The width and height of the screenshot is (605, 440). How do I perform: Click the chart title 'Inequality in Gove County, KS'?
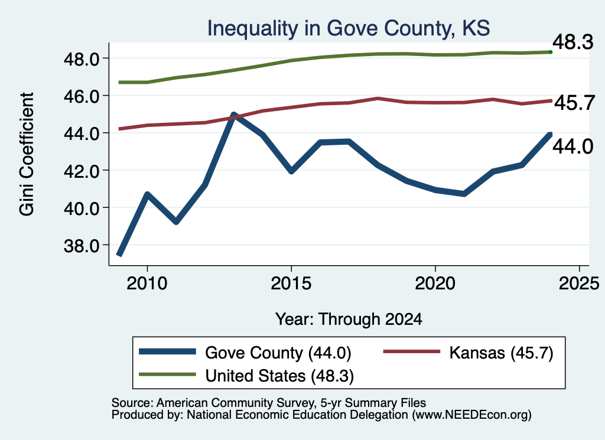coord(349,29)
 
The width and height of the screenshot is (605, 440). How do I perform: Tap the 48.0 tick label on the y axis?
coord(82,59)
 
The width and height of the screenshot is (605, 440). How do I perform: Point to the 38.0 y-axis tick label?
coord(82,246)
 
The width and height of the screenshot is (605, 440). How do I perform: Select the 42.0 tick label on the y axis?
coord(82,171)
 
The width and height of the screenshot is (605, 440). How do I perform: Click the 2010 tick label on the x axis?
coord(147,283)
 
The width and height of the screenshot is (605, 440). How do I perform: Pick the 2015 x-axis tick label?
coord(291,283)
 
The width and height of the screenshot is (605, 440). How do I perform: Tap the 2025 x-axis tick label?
coord(579,283)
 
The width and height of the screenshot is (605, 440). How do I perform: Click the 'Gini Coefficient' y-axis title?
coord(27,154)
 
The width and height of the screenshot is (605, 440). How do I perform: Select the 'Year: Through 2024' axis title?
coord(349,320)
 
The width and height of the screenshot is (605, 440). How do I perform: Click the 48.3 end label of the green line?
coord(573,42)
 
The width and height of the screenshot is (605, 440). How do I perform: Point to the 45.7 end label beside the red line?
coord(574,103)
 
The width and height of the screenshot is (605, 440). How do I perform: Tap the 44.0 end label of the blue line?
coord(573,146)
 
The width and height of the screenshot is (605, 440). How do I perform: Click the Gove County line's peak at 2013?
coord(233,115)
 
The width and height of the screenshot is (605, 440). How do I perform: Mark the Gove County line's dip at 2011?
coord(176,221)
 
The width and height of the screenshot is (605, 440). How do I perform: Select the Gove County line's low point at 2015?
coord(291,171)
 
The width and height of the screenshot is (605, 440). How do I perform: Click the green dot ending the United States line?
coord(551,52)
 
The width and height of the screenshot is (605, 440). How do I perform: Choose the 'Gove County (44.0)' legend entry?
coord(245,353)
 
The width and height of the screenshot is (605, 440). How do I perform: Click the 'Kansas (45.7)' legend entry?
coord(469,353)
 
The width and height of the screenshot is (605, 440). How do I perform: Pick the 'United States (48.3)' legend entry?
coord(246,376)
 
